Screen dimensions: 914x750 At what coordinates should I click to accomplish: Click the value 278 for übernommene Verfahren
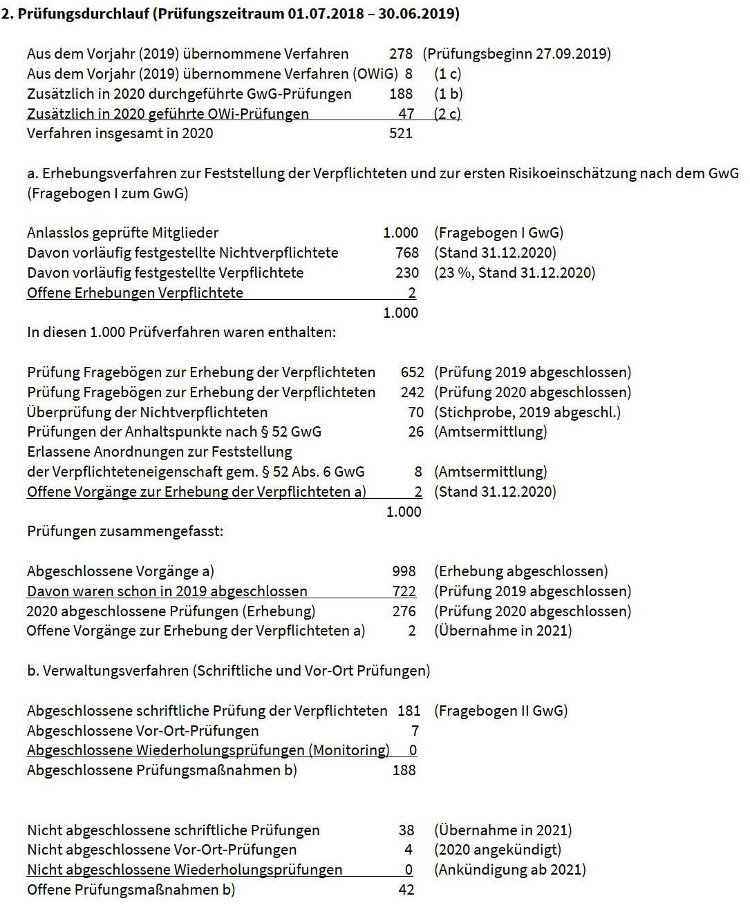401,54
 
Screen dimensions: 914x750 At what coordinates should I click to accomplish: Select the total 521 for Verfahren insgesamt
401,133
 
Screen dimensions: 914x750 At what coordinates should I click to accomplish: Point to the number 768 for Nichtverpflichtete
407,253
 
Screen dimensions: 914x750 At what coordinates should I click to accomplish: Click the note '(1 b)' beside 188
448,94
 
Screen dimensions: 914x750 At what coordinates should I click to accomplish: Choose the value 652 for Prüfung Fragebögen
412,372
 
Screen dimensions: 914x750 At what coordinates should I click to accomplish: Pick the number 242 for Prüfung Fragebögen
412,392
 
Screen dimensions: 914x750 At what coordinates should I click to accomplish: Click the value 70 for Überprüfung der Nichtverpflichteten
416,412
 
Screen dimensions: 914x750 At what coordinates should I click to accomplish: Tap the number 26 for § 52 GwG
416,432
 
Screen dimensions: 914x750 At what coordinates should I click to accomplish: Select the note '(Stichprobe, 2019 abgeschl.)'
527,412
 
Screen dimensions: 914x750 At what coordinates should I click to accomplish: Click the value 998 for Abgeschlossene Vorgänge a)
404,571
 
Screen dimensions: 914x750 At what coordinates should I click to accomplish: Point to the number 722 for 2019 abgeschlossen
404,591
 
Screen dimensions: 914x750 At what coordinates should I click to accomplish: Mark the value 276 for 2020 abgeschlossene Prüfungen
404,611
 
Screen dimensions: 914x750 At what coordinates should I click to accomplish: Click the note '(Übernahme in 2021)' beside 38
503,830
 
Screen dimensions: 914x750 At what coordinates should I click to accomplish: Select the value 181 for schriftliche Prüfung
409,711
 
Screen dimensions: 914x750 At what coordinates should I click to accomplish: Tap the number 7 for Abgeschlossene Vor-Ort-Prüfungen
415,731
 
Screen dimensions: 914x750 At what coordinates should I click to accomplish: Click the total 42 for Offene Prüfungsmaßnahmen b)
406,890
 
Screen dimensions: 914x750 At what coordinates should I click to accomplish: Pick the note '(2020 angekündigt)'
498,850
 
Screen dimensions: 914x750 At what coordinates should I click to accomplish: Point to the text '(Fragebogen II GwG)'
500,711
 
